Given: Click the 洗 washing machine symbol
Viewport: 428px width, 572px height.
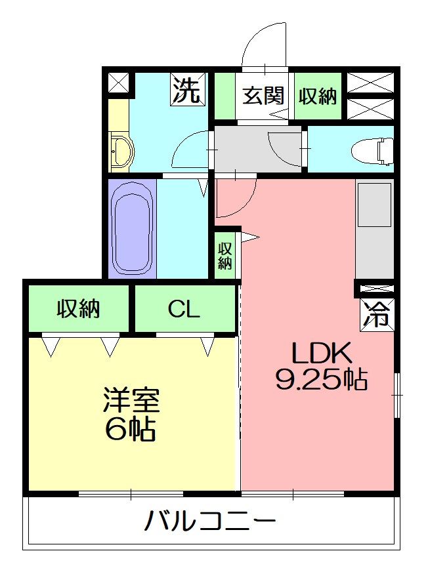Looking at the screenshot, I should point(187,90).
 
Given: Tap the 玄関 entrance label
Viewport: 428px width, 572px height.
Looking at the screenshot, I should point(264,96).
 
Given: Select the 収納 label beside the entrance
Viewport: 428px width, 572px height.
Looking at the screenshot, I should point(318,96).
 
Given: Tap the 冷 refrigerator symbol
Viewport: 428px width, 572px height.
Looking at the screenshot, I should point(377,314).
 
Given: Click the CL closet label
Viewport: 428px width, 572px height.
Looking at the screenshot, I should point(184,308).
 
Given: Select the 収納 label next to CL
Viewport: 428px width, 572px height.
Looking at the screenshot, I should point(78,308).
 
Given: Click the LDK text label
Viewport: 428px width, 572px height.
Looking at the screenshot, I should point(322,354).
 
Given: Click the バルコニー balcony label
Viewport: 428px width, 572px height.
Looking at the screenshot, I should point(210,523).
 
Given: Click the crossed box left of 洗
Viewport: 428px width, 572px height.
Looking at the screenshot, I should point(118,83).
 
